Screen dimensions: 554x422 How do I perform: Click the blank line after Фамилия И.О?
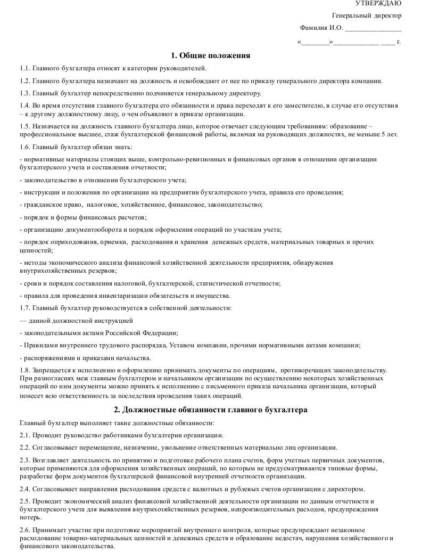click(x=373, y=28)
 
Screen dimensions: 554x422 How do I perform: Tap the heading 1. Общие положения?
click(x=211, y=55)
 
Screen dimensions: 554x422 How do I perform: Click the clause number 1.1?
click(x=24, y=68)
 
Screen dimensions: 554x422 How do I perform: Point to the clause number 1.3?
click(x=24, y=93)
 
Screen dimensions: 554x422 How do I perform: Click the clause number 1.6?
click(x=24, y=147)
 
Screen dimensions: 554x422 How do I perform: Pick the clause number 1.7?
click(x=24, y=308)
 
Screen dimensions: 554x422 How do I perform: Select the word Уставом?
click(x=180, y=345)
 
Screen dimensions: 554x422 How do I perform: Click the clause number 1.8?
click(x=24, y=370)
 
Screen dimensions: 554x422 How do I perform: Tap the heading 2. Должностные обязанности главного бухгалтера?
click(x=211, y=410)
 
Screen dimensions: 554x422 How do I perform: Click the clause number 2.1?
click(x=24, y=435)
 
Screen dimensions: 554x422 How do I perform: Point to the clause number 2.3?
click(x=24, y=460)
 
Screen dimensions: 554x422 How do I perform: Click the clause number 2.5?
click(x=24, y=501)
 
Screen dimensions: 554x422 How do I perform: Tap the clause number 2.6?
click(x=24, y=530)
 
